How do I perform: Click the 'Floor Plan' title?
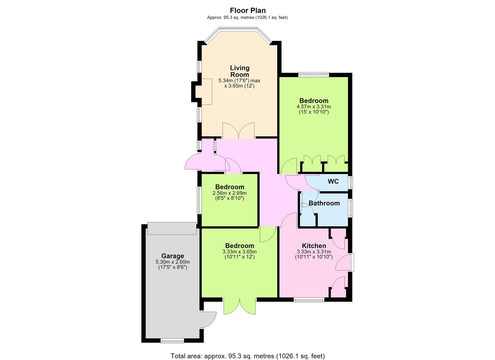(x=248, y=10)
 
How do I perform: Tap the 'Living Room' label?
(x=240, y=71)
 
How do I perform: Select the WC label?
(x=333, y=181)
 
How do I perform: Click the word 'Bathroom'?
(x=324, y=203)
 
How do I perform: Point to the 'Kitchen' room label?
(x=314, y=246)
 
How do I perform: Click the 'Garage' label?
(x=173, y=256)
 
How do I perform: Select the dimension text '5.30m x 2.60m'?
(x=173, y=262)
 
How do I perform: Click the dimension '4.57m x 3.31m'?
(x=314, y=107)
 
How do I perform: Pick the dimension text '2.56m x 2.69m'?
(x=230, y=193)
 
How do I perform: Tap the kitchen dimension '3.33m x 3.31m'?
(x=314, y=252)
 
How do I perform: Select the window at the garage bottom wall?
(x=172, y=341)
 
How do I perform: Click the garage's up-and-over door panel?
(x=172, y=229)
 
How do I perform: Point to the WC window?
(x=351, y=183)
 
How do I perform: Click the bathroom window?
(x=351, y=208)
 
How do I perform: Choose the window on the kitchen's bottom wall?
(x=309, y=300)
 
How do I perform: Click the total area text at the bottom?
(x=248, y=350)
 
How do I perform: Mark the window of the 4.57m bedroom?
(x=314, y=74)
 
